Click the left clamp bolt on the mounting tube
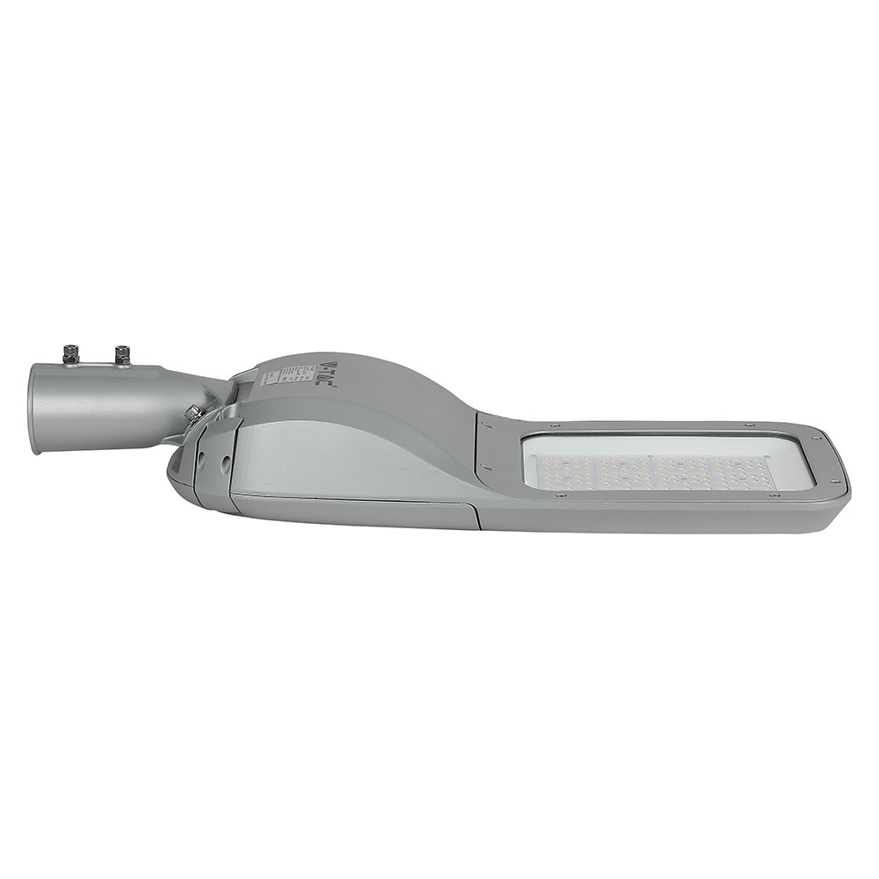click(x=71, y=354)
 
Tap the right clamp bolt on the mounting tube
click(x=121, y=354)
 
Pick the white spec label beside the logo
click(x=296, y=374)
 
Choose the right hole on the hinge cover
click(x=225, y=459)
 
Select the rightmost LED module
click(x=743, y=473)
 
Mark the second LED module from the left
click(x=628, y=472)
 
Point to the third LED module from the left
click(x=686, y=473)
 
